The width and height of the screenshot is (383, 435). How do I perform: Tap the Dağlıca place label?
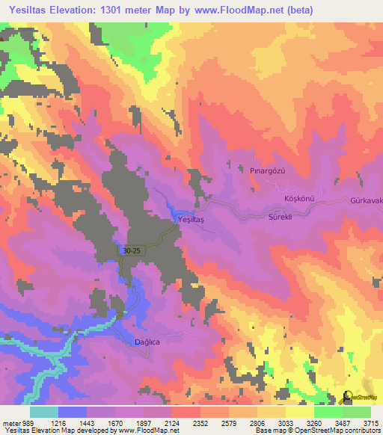(x=147, y=342)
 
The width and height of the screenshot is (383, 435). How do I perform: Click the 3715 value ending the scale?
(x=370, y=422)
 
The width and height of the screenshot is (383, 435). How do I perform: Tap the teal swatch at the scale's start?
(x=44, y=412)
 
